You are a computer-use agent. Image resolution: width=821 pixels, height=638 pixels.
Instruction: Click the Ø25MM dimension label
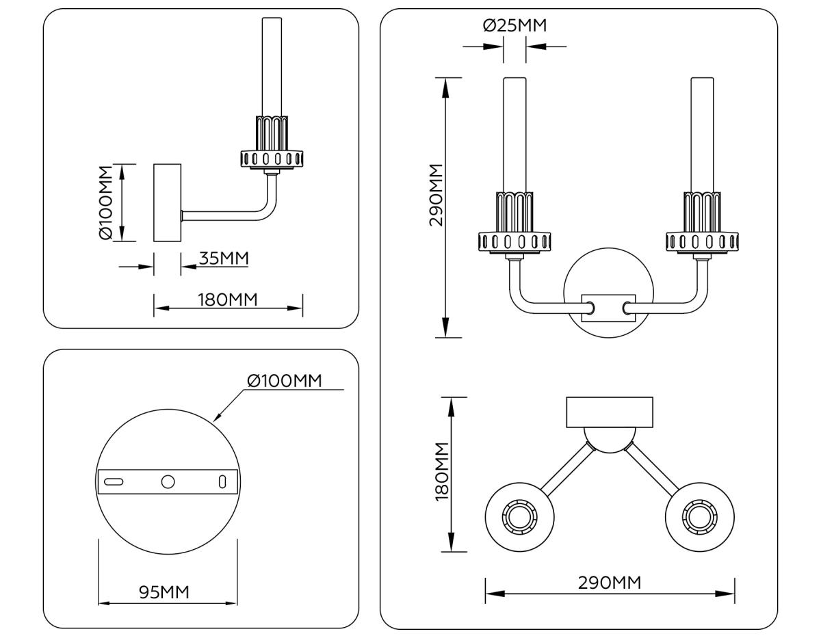click(x=514, y=26)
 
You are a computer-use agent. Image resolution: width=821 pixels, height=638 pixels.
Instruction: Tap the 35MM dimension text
click(x=224, y=258)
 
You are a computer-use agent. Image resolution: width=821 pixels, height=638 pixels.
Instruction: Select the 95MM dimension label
click(x=164, y=592)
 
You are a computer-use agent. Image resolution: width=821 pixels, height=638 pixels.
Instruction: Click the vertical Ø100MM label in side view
click(x=105, y=202)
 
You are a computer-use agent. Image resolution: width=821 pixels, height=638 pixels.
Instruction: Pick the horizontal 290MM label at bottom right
click(x=610, y=583)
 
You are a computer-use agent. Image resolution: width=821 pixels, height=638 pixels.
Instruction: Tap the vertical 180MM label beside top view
click(x=442, y=472)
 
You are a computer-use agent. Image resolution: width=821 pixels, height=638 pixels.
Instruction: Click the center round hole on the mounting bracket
click(x=168, y=481)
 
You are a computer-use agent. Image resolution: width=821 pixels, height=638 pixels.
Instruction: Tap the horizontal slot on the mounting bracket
click(x=114, y=481)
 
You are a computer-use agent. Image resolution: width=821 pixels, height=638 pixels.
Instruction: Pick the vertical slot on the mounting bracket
click(x=222, y=481)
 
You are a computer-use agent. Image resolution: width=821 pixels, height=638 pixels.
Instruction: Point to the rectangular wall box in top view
click(x=610, y=412)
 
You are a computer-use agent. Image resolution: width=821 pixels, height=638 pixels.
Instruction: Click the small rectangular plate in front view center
click(x=608, y=308)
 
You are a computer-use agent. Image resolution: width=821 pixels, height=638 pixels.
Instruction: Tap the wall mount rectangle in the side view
click(x=167, y=202)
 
